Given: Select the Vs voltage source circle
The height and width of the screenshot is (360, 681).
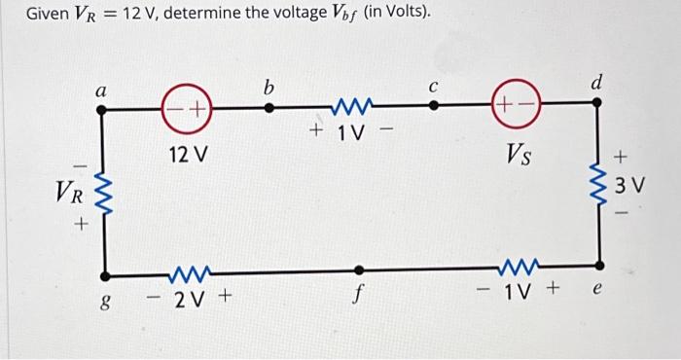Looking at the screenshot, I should tap(518, 109).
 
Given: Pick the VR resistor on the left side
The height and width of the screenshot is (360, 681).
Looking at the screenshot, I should tap(103, 191).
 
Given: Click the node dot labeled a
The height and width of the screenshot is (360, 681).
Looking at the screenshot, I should tap(103, 110).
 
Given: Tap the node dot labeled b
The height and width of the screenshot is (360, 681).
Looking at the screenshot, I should tap(269, 109).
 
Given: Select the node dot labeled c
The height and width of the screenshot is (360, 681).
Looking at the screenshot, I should tap(433, 109).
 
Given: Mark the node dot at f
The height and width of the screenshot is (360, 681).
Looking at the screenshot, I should tap(360, 270).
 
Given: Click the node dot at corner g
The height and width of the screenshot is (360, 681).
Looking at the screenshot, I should tap(103, 273).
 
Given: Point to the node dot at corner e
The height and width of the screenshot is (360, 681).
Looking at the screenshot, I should tap(598, 265).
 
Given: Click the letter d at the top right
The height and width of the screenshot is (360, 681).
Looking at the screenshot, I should tap(596, 84).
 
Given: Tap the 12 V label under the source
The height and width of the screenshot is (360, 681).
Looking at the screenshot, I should tap(188, 155).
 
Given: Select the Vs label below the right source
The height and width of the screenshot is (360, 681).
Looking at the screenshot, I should tap(518, 154).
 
